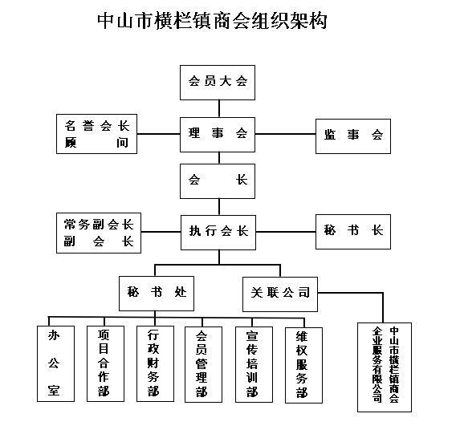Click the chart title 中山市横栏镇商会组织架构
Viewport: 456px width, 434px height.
212,21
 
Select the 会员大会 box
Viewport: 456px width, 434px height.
218,83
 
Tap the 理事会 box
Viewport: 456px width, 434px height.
218,135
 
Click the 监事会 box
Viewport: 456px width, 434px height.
353,136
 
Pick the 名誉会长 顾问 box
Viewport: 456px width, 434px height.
96,134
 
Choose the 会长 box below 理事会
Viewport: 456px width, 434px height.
218,181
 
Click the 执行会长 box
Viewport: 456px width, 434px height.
218,233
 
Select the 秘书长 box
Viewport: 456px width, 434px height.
353,232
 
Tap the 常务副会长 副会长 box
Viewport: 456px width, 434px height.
99,233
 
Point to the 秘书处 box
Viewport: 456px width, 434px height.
157,294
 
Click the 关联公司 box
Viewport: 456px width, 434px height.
280,294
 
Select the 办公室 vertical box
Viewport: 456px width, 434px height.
55,363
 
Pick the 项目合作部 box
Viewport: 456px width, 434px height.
105,363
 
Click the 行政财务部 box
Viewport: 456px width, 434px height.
155,363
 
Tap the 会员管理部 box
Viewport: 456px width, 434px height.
203,364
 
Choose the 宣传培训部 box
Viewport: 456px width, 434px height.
254,364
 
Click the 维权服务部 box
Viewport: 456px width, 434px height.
303,365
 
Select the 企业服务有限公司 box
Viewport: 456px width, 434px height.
385,367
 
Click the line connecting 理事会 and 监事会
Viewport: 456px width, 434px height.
285,134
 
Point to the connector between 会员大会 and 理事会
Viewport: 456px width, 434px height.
219,109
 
